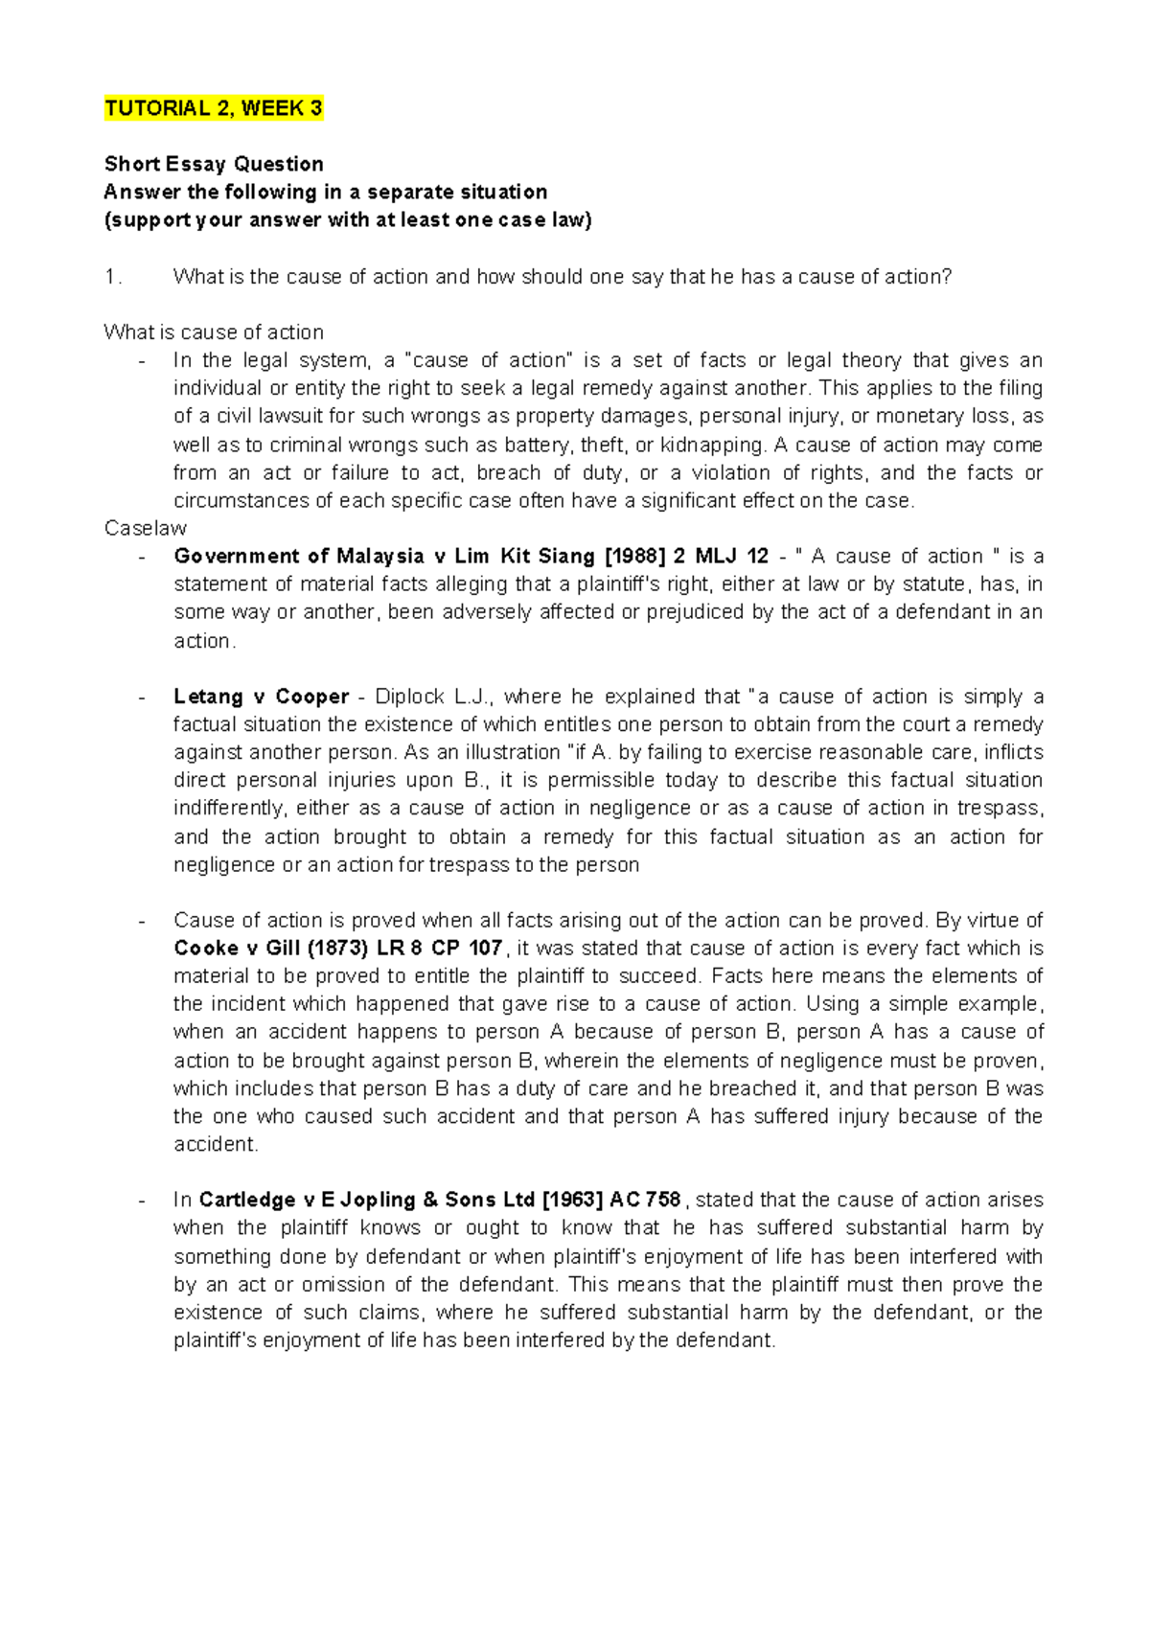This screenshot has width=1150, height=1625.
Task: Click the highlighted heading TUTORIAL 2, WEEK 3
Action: [x=213, y=108]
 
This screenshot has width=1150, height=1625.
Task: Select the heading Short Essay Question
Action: [x=213, y=164]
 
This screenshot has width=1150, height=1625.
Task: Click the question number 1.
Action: [x=113, y=277]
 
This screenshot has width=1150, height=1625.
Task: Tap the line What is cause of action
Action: [x=213, y=332]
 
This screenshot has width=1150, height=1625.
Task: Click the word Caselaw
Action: [x=145, y=528]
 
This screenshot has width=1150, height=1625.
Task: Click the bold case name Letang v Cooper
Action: [x=261, y=697]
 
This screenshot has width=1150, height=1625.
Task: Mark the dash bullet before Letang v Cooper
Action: [x=143, y=697]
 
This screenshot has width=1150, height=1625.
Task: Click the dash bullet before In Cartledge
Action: [x=143, y=1201]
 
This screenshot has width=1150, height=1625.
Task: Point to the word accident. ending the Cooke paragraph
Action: [x=216, y=1145]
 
